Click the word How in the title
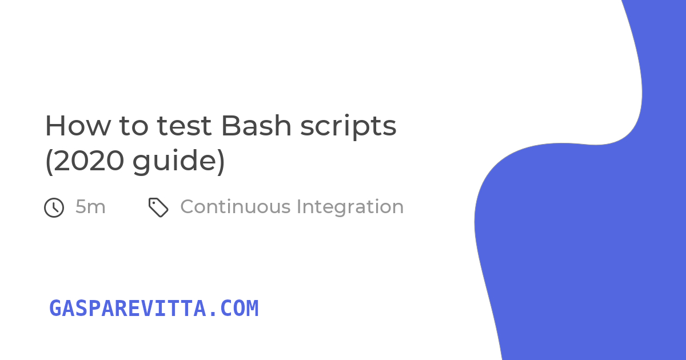[78, 126]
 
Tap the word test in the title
[184, 126]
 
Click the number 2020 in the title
[89, 161]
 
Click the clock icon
[54, 207]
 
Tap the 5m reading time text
[90, 207]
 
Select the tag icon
[158, 207]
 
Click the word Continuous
[235, 207]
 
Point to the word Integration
[350, 207]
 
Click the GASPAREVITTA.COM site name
[154, 308]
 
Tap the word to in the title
[134, 126]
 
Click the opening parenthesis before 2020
[49, 162]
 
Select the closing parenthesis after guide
[221, 162]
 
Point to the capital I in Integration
[298, 207]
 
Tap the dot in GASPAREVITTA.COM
[213, 314]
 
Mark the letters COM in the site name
[239, 308]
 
